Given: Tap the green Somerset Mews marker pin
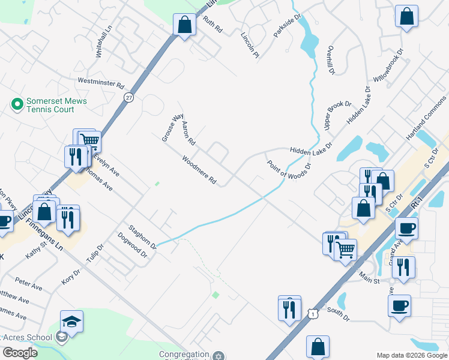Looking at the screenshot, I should click(17, 105).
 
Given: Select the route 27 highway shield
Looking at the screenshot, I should click(129, 97).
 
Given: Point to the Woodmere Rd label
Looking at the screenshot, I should click(199, 170).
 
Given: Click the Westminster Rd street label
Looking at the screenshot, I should click(100, 82).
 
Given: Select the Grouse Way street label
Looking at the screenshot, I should click(172, 128).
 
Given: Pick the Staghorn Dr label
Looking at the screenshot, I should click(142, 237).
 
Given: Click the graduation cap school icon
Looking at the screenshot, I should click(71, 322).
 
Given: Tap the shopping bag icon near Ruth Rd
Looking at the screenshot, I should click(184, 25).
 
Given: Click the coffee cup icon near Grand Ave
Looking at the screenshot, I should click(406, 229).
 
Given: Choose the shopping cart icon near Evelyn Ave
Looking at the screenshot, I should click(89, 140).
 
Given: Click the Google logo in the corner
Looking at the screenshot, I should click(20, 353).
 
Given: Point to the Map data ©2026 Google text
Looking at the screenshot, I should click(412, 355).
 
